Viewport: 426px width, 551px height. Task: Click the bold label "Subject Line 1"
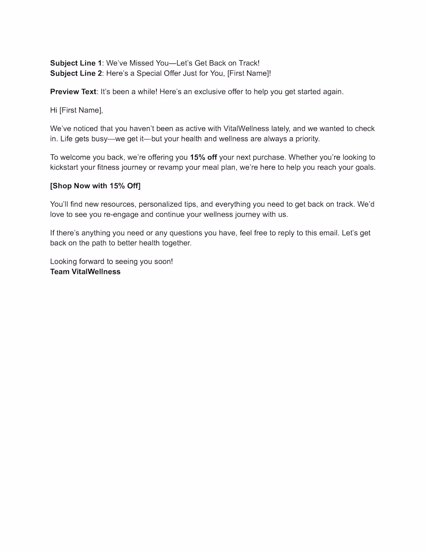pos(76,63)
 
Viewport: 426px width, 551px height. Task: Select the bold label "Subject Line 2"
pos(76,73)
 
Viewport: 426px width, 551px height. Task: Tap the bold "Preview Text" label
pos(73,92)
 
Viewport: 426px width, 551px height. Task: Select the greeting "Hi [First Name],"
pos(76,110)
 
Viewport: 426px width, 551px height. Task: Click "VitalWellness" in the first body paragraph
pos(246,128)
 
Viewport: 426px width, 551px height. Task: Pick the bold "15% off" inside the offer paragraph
pos(203,157)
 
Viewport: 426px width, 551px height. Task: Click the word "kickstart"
pos(64,167)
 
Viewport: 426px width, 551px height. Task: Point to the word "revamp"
pos(170,167)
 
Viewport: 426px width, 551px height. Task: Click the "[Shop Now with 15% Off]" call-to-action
pos(95,186)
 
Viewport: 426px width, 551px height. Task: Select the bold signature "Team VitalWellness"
pos(85,272)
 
